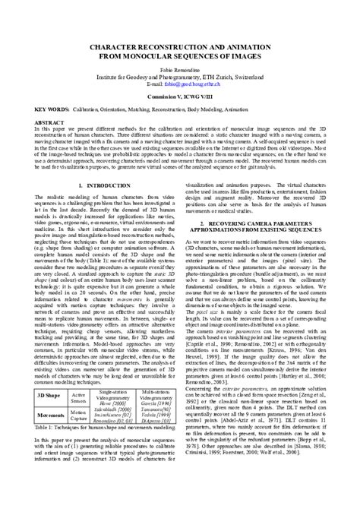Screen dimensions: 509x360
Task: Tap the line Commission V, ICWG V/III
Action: click(x=180, y=96)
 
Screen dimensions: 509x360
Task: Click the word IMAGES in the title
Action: click(x=238, y=56)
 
